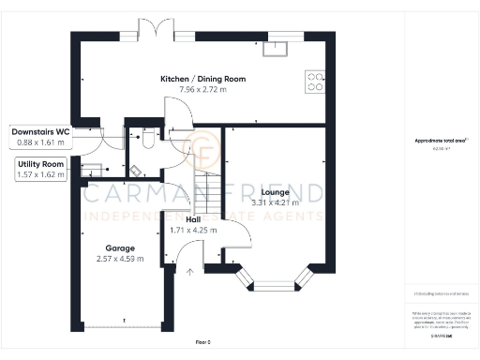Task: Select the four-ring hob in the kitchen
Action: (x=315, y=82)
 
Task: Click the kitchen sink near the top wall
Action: (x=279, y=44)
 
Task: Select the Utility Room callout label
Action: (x=41, y=164)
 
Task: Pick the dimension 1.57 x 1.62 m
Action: (x=41, y=174)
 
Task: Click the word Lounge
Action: (x=275, y=192)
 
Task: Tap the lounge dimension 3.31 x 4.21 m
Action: (x=275, y=202)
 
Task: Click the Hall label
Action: (x=193, y=218)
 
